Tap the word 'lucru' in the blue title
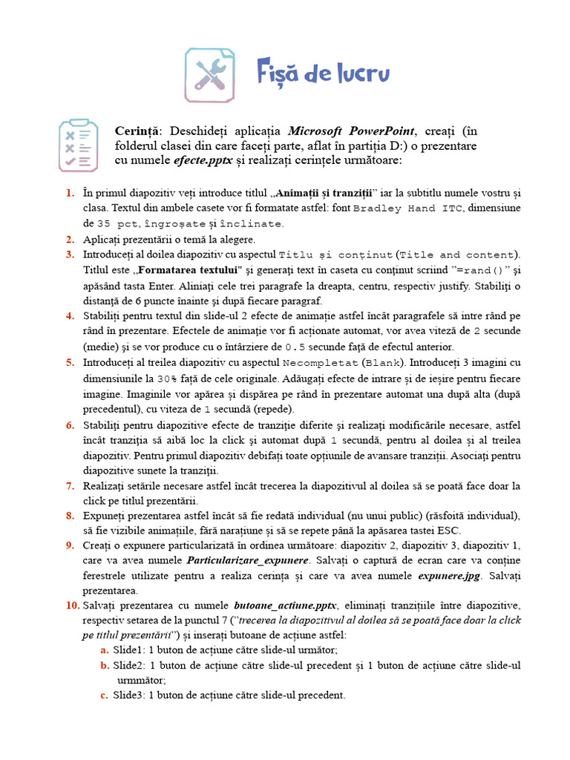(358, 74)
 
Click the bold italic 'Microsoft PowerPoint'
(352, 131)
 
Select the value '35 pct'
(117, 223)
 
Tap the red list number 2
(69, 239)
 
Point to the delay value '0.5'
(295, 347)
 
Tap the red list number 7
(69, 485)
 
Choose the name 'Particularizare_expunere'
(247, 560)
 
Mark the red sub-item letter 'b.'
(104, 665)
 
